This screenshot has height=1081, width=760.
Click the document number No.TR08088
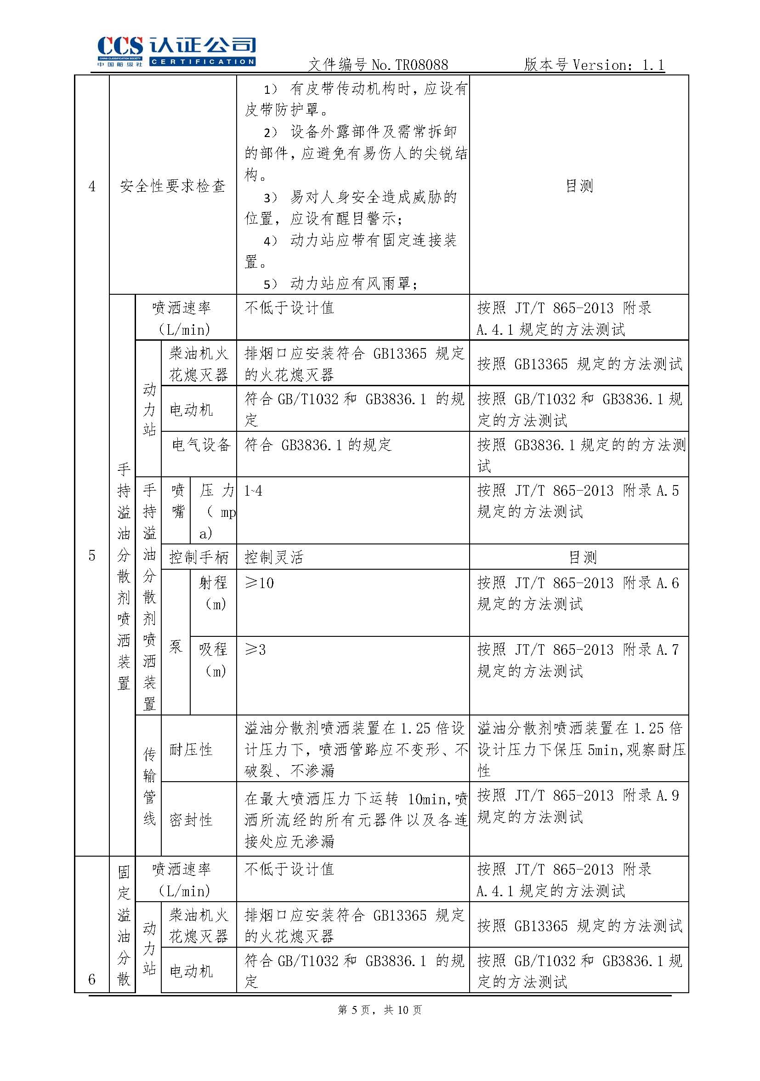click(409, 65)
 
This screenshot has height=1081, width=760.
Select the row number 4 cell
click(92, 186)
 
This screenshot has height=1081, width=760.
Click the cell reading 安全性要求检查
click(173, 186)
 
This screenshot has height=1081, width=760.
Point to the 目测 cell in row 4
click(579, 186)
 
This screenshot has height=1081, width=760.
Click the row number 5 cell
click(92, 555)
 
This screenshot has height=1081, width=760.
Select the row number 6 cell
click(92, 979)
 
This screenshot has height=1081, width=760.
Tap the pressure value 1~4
click(253, 491)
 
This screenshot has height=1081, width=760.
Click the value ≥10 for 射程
click(259, 583)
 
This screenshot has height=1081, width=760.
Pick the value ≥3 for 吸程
click(255, 650)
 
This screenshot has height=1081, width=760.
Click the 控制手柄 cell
click(199, 557)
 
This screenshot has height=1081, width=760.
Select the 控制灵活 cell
click(274, 557)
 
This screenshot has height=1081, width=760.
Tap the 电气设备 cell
click(200, 445)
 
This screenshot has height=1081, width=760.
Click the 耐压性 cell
click(191, 750)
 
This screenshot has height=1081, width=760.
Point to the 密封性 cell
click(191, 820)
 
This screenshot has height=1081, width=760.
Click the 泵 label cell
click(176, 646)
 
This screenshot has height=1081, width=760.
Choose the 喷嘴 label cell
click(178, 501)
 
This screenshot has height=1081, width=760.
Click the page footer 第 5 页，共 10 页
click(380, 1009)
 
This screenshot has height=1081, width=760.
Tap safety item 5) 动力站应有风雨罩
click(340, 284)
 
